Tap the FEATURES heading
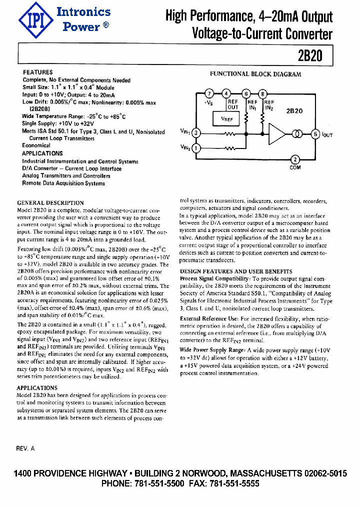pyautogui.click(x=38, y=72)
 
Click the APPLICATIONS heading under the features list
pyautogui.click(x=43, y=153)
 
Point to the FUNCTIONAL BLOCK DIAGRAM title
pyautogui.click(x=255, y=74)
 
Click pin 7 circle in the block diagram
pyautogui.click(x=210, y=93)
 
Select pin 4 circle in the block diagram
pyautogui.click(x=226, y=93)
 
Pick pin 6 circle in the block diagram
pyautogui.click(x=246, y=93)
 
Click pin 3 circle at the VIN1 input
pyautogui.click(x=196, y=133)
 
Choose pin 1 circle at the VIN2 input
pyautogui.click(x=196, y=148)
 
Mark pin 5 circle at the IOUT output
pyautogui.click(x=315, y=133)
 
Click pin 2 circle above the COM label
pyautogui.click(x=295, y=159)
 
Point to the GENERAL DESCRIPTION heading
pyautogui.click(x=50, y=203)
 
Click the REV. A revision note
pyautogui.click(x=25, y=448)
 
